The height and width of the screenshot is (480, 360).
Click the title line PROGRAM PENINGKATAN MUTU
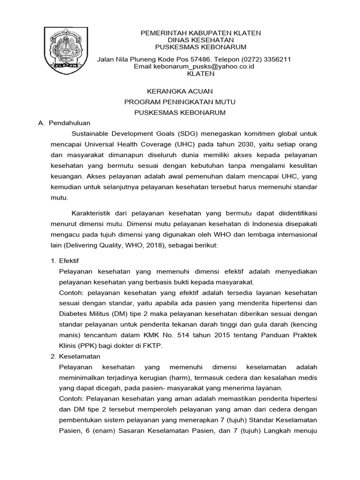pos(180,102)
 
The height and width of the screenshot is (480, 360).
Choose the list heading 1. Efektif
pos(67,261)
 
